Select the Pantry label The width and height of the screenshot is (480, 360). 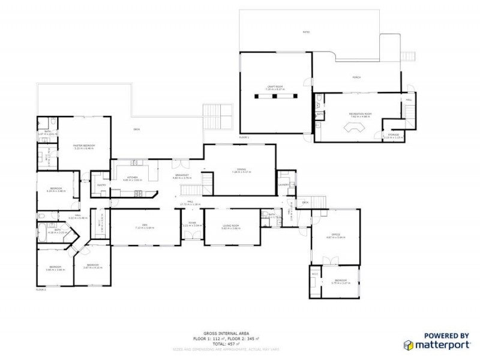point(101,185)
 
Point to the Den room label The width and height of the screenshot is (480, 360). point(145,226)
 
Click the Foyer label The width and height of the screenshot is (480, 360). point(193,223)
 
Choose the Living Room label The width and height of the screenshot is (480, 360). point(230,226)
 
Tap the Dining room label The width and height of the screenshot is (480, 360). point(241,170)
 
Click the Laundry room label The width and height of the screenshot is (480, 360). point(284,185)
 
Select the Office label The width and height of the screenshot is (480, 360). point(336,235)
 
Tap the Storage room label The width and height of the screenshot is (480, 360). point(393,135)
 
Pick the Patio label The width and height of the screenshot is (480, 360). point(307,32)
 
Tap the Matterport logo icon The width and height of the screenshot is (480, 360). point(408,345)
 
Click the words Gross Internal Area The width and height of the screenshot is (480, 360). point(218,332)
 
